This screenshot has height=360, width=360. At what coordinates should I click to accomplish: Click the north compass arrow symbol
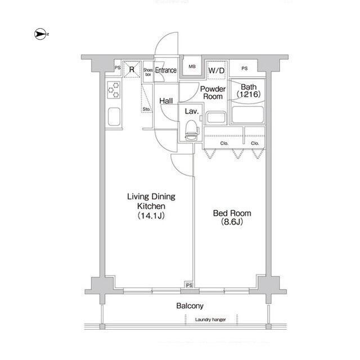click(x=40, y=34)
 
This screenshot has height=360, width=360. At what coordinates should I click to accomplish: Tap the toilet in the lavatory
click(x=191, y=130)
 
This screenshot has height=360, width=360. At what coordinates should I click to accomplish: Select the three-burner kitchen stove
click(x=114, y=90)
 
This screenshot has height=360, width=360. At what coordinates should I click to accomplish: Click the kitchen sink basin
click(x=114, y=116)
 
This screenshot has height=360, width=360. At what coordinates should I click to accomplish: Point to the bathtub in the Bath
click(x=247, y=115)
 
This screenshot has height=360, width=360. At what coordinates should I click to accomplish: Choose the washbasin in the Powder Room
click(x=215, y=118)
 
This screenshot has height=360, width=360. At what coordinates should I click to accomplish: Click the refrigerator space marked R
click(x=132, y=69)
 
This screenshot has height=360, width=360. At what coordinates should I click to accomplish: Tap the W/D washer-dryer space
click(x=216, y=70)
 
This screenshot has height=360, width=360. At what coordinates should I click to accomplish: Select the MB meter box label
click(x=192, y=66)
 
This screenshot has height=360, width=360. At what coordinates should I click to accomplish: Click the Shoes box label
click(x=148, y=72)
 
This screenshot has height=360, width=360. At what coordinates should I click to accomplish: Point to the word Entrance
click(x=166, y=70)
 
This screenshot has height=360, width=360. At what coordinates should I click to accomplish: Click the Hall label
click(x=166, y=101)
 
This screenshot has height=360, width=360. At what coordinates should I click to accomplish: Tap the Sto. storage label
click(x=146, y=109)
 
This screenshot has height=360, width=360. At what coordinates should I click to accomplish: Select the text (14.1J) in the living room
click(x=151, y=215)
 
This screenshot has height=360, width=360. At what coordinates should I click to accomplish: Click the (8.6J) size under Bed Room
click(x=232, y=222)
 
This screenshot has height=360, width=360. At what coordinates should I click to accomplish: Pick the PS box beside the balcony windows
click(x=189, y=285)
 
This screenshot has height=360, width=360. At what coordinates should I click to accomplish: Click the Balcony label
click(x=190, y=306)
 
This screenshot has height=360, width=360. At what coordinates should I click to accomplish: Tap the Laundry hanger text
click(x=210, y=319)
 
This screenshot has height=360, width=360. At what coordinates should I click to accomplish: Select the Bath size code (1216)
click(x=249, y=94)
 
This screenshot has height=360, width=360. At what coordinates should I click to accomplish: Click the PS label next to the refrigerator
click(x=118, y=67)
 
